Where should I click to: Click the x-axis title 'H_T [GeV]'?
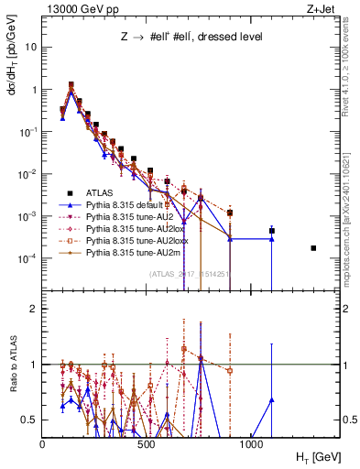[314, 455]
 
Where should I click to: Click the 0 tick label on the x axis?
[43, 443]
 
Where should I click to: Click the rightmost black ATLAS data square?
[313, 248]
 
